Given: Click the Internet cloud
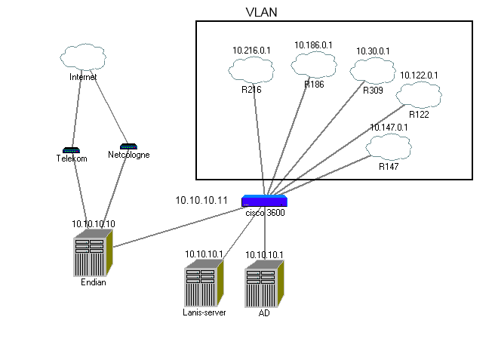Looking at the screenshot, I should pyautogui.click(x=84, y=57).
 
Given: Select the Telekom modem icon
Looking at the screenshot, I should pyautogui.click(x=71, y=150).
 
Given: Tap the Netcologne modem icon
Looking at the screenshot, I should pyautogui.click(x=128, y=146).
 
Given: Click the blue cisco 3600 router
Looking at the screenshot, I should pyautogui.click(x=264, y=201).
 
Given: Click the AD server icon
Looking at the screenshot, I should pyautogui.click(x=264, y=283).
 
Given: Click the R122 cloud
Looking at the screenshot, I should pyautogui.click(x=418, y=95).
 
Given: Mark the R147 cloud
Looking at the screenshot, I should pyautogui.click(x=388, y=146).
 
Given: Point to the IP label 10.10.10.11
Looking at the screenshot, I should pyautogui.click(x=201, y=200).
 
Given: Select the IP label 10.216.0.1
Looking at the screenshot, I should pyautogui.click(x=251, y=50).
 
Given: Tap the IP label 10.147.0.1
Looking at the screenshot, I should pyautogui.click(x=389, y=128).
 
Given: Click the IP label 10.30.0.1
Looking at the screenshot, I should pyautogui.click(x=373, y=51).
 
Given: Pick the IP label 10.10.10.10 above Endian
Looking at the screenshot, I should pyautogui.click(x=94, y=224).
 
